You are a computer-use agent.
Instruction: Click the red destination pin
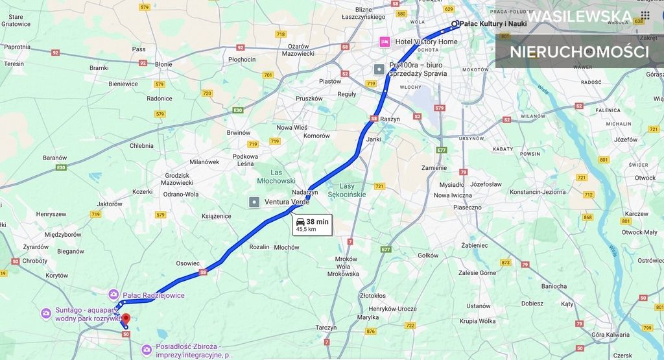[x=126, y=319]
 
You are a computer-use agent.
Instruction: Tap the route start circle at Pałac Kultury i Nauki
[x=455, y=24]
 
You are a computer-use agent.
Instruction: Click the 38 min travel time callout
[x=312, y=224]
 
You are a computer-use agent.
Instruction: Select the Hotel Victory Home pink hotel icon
[x=385, y=42]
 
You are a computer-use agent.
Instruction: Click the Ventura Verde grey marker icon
[x=254, y=202]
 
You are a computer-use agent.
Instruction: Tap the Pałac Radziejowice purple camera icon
[x=113, y=295]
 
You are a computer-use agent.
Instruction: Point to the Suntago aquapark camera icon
[x=46, y=313]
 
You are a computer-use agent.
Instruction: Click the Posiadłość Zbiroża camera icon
[x=147, y=350]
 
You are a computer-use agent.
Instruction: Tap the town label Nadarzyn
[x=305, y=193]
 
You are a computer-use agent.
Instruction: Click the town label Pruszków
[x=309, y=99]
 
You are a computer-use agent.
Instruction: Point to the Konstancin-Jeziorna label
[x=538, y=192]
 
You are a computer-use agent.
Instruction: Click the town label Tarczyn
[x=326, y=328]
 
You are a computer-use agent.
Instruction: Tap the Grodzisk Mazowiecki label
[x=177, y=179]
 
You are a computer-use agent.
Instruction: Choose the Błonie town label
[x=163, y=64]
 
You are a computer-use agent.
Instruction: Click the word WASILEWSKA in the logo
[x=579, y=16]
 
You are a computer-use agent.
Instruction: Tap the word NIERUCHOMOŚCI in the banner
[x=579, y=52]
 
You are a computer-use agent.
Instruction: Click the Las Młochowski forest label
[x=276, y=176]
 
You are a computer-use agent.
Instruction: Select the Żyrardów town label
[x=36, y=246]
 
